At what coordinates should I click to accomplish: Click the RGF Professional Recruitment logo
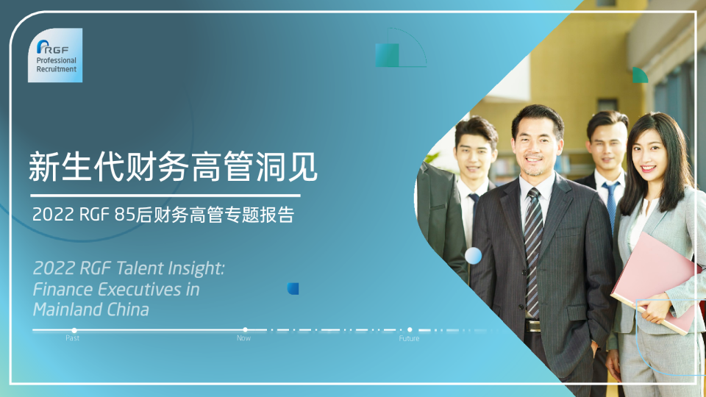click(55, 55)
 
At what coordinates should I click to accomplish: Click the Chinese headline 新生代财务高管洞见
click(173, 167)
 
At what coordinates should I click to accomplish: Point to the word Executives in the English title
click(140, 289)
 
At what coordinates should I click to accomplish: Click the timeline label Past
click(72, 339)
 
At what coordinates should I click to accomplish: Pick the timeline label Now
click(243, 339)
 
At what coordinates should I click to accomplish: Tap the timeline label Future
click(409, 339)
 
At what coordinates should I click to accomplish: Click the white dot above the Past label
click(74, 330)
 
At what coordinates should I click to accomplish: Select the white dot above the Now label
click(245, 330)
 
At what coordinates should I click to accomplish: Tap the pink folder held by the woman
click(655, 279)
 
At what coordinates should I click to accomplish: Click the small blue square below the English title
click(293, 289)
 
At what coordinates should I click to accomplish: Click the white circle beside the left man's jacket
click(474, 256)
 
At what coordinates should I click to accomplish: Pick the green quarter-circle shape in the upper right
click(639, 76)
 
